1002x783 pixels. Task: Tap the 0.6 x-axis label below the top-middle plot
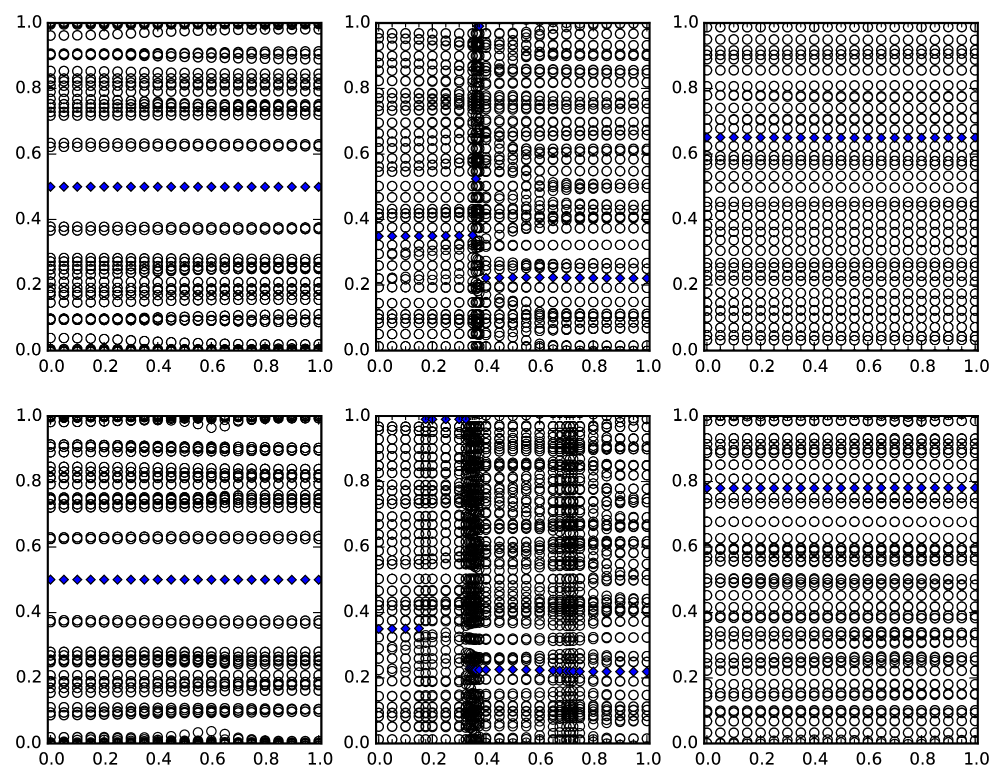coord(540,367)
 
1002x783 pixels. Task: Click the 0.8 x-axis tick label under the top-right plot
coord(923,367)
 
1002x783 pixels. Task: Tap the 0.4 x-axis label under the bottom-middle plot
coord(486,759)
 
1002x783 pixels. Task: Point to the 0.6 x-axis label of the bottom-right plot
coord(868,759)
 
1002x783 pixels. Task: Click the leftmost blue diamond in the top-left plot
coord(50,187)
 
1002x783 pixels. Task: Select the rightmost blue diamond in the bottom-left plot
coord(319,579)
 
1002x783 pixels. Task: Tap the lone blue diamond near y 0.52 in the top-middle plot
coord(476,179)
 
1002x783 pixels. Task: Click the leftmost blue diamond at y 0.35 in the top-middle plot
coord(379,236)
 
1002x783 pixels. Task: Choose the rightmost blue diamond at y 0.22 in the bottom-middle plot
coord(647,671)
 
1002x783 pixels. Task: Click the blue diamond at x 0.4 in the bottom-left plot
coord(157,579)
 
